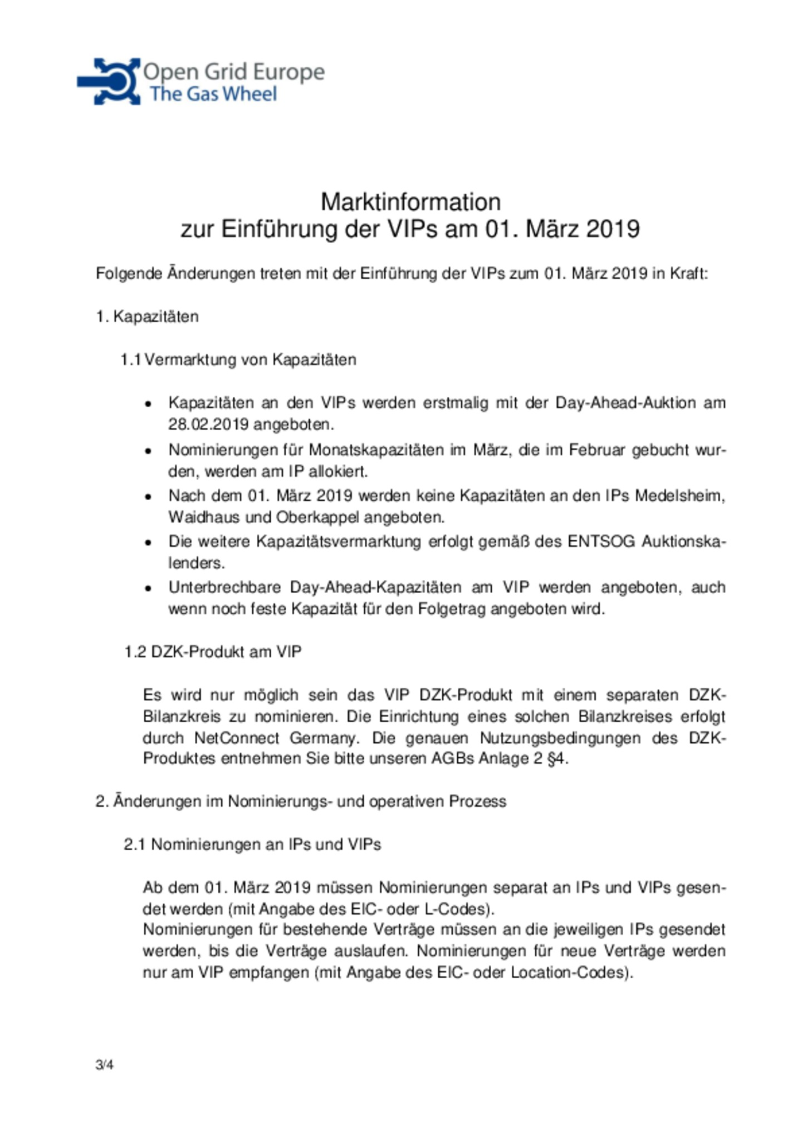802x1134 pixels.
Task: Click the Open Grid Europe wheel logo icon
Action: (110, 81)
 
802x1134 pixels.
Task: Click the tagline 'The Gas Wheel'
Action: (213, 94)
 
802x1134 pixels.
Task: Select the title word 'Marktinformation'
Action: (410, 201)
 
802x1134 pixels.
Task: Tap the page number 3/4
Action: (104, 1064)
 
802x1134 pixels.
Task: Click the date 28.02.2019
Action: (208, 425)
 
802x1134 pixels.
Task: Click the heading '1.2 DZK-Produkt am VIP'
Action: (213, 652)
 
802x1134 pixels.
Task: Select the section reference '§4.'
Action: (558, 758)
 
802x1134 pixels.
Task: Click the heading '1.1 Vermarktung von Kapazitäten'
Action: (238, 359)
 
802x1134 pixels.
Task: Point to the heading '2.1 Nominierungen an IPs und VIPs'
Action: (252, 844)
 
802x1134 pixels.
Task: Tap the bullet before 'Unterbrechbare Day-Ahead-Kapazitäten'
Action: (148, 588)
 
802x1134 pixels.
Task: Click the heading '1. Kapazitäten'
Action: (147, 317)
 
